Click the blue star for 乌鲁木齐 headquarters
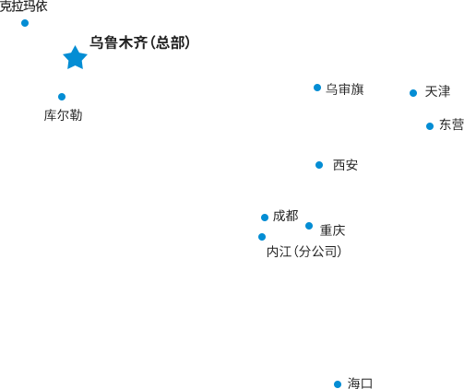pos(75,58)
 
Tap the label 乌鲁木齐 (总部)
pos(140,42)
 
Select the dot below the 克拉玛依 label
pos(25,23)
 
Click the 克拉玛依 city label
pos(24,6)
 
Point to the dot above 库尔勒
pos(62,97)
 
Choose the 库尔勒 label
pos(63,115)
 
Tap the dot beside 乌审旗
pos(317,88)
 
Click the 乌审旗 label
pos(345,89)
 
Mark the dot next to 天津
pos(413,93)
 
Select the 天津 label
pos(437,91)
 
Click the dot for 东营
pos(430,126)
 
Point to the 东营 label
pos(451,124)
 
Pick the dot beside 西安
pos(319,165)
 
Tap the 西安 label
pos(345,165)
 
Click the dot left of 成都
pos(265,218)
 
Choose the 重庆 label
pos(332,230)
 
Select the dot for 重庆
pos(309,226)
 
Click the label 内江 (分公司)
pos(304,252)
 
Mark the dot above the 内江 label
pos(262,237)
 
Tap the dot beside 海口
pos(338,384)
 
